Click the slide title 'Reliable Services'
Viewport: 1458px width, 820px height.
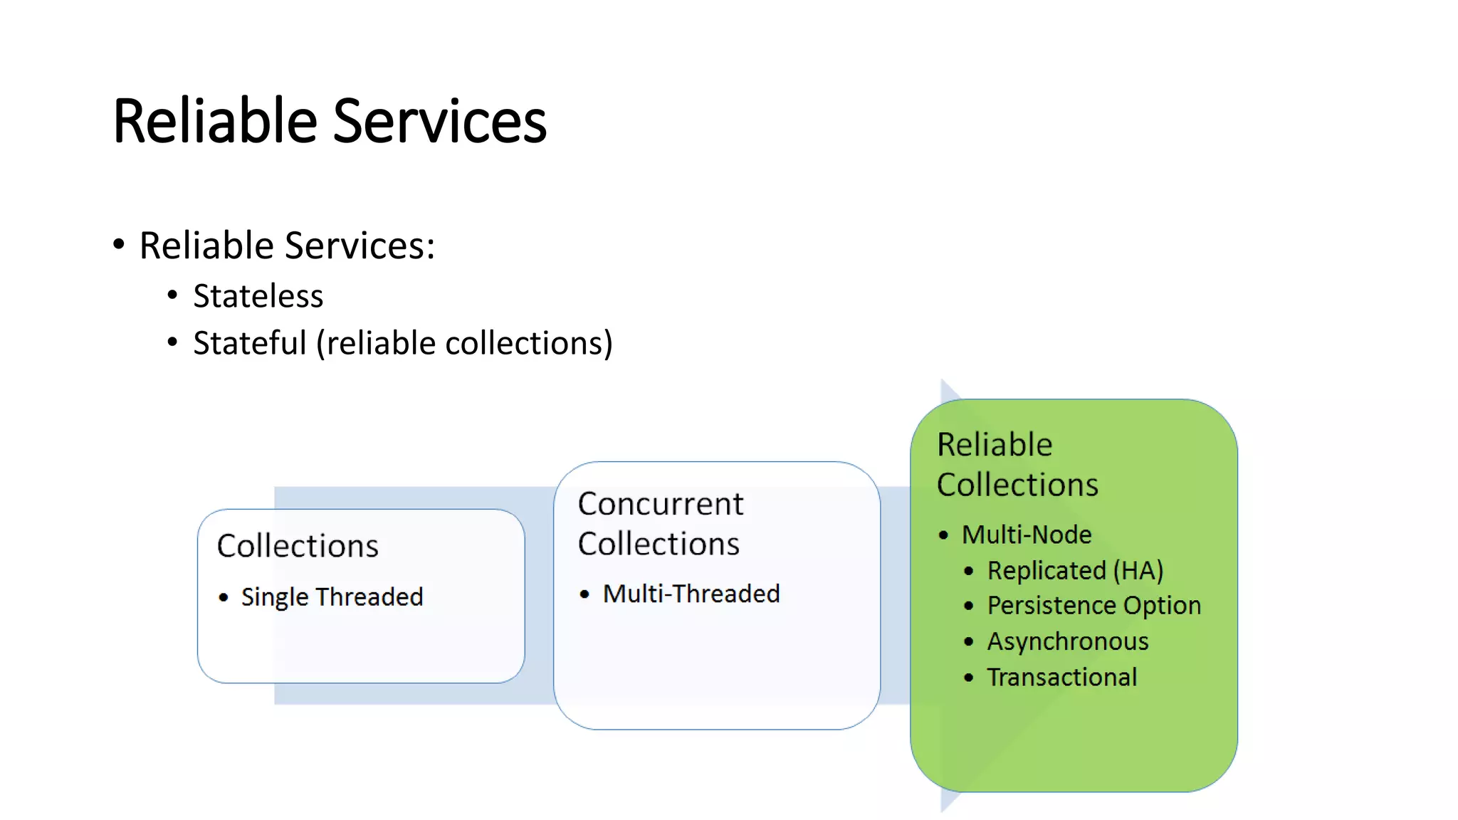(x=329, y=121)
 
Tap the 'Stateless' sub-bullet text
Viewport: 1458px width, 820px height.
(x=258, y=296)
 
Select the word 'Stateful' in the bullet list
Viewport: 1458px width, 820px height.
(x=249, y=343)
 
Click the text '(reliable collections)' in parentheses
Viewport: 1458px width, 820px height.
(x=464, y=344)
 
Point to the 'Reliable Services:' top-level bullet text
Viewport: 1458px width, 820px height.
(x=287, y=246)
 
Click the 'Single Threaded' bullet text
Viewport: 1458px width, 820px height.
(x=332, y=596)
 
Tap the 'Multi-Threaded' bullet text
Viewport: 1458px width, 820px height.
(x=691, y=594)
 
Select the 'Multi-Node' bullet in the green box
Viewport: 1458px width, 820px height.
(x=1026, y=535)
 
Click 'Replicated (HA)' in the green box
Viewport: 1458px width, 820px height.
(x=1075, y=570)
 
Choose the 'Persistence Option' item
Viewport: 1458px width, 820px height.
(x=1093, y=606)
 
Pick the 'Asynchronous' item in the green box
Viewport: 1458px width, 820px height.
(x=1067, y=641)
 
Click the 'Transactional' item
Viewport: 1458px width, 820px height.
(x=1061, y=677)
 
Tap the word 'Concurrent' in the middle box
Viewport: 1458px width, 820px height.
(x=660, y=504)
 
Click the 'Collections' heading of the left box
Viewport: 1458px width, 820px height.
(x=298, y=546)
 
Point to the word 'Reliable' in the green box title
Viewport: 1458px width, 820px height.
(x=994, y=445)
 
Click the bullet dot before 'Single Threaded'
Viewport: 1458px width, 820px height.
(x=224, y=597)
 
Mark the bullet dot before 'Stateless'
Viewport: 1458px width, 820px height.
(x=172, y=295)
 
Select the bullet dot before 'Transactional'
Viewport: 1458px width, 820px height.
(x=968, y=678)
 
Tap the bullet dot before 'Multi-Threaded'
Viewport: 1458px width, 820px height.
(x=584, y=594)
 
